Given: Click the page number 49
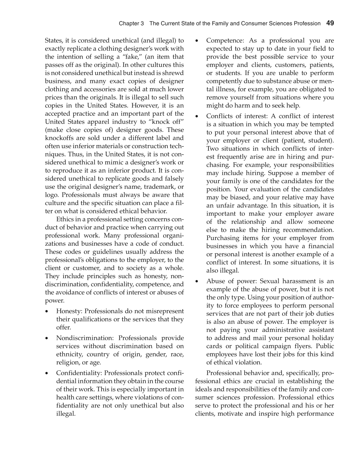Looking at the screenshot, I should point(330,23).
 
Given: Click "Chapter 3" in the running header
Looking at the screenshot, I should point(131,23).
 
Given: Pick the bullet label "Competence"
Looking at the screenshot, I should point(224,41).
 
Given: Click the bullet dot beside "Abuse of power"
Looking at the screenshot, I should point(197,281).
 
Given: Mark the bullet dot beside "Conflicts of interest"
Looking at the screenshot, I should point(197,116).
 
